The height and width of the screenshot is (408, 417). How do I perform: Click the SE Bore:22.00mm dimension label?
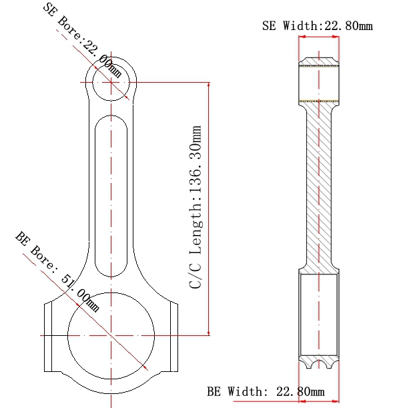[x=82, y=40]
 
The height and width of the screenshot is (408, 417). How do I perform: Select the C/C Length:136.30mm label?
[x=195, y=207]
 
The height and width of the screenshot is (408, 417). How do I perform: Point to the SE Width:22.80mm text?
[x=318, y=26]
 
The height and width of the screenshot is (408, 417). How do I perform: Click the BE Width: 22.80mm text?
[x=266, y=391]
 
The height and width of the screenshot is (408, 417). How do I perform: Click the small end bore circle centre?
[x=111, y=83]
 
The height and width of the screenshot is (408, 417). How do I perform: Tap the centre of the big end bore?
[x=111, y=335]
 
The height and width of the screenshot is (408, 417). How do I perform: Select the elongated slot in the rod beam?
[x=111, y=196]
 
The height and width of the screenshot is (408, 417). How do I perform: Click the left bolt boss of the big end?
[x=48, y=337]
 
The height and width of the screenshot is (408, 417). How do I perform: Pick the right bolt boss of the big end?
[x=174, y=337]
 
